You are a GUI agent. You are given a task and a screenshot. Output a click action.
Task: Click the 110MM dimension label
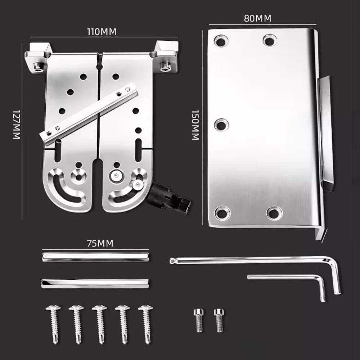point(102,31)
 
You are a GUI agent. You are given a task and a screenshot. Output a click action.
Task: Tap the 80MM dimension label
point(257,18)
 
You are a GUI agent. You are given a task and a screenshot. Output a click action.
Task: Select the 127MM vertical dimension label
point(16,124)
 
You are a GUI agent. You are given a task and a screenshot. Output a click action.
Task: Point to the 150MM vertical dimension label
point(195,125)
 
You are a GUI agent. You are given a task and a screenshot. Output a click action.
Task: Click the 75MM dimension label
point(100,243)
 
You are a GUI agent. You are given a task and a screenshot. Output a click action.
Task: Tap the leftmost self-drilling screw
point(54,324)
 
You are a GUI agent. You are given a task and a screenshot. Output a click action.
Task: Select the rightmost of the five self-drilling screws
point(146,324)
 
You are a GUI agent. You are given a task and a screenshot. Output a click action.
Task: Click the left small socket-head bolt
point(199,320)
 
